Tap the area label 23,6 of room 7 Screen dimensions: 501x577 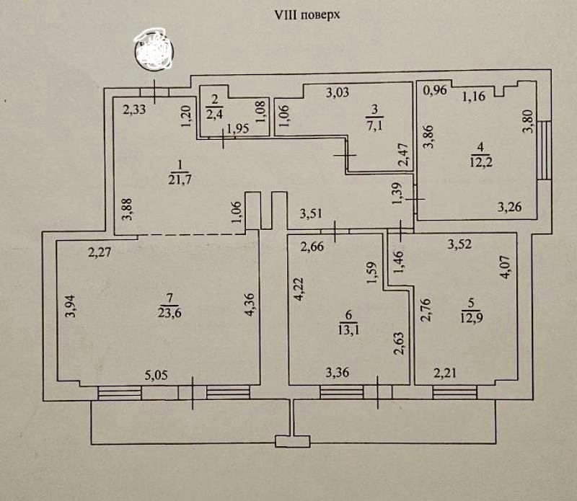point(169,313)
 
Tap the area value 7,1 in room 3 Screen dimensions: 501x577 point(374,123)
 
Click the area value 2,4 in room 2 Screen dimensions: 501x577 point(214,114)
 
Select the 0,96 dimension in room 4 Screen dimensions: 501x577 point(434,91)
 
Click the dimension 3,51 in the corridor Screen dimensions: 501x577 point(313,214)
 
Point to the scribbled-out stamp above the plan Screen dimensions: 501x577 point(155,50)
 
